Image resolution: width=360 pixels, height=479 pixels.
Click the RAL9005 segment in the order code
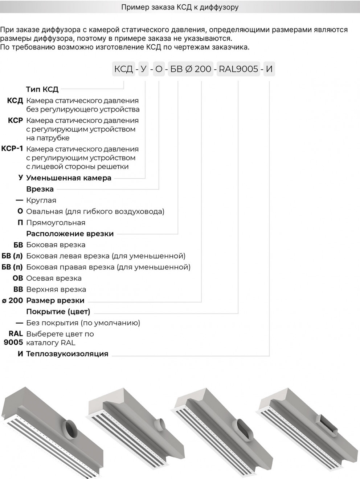[238, 69]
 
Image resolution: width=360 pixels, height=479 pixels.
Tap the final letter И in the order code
[269, 69]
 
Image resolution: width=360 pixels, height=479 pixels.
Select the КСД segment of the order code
[124, 69]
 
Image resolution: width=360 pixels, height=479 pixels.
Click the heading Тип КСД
[42, 89]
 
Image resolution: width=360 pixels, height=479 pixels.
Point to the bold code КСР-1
[12, 149]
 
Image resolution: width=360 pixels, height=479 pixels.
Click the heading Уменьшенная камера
[69, 178]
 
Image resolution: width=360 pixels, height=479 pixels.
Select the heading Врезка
[40, 189]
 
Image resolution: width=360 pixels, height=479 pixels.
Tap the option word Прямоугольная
[56, 223]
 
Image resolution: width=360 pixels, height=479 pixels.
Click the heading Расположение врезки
[70, 234]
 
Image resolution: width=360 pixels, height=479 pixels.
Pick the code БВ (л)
[12, 256]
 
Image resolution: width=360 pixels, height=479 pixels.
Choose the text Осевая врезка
[54, 278]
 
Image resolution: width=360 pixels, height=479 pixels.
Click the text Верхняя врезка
[56, 289]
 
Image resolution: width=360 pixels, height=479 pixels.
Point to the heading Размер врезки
[55, 300]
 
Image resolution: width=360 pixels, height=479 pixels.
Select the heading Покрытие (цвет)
[58, 312]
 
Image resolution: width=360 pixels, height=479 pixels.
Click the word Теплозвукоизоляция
[67, 354]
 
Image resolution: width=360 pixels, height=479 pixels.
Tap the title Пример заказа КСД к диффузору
[180, 7]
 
